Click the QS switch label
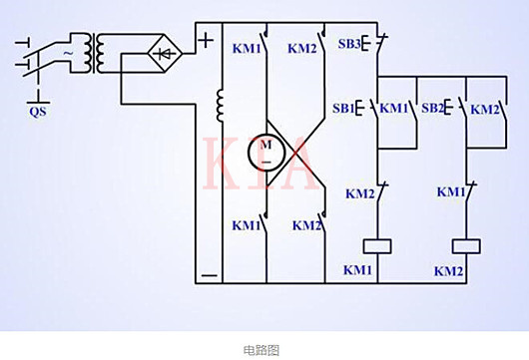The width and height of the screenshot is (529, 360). [38, 112]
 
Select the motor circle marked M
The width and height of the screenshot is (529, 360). [266, 152]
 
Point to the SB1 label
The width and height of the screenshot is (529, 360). [344, 108]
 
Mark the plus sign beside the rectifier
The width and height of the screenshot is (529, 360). [205, 41]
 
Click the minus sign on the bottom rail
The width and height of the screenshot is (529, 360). [208, 270]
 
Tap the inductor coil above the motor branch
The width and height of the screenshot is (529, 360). [219, 106]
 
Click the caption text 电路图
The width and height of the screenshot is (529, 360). [263, 349]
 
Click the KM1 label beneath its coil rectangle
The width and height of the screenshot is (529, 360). [358, 270]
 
